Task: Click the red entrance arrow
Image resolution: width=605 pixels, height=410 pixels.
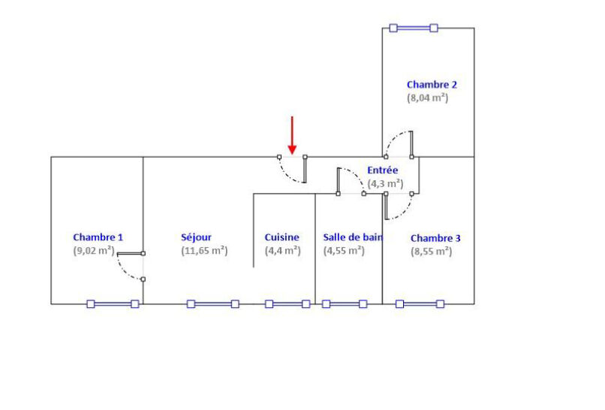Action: (x=292, y=135)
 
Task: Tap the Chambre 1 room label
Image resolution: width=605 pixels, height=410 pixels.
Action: (x=98, y=237)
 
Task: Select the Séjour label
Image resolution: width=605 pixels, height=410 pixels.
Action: (x=197, y=237)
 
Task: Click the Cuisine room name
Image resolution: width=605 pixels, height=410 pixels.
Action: (x=281, y=237)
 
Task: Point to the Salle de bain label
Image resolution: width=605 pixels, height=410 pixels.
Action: (x=353, y=237)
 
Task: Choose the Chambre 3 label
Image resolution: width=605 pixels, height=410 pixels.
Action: (x=435, y=238)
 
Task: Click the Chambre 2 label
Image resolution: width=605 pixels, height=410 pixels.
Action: (x=432, y=85)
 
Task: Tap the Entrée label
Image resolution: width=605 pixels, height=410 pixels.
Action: (x=382, y=170)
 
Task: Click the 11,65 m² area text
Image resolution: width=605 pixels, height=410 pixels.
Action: (x=204, y=251)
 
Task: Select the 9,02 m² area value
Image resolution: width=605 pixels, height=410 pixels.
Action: (x=94, y=251)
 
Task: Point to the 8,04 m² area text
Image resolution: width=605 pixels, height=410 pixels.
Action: (x=428, y=98)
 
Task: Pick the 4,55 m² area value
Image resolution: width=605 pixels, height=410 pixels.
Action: (x=344, y=251)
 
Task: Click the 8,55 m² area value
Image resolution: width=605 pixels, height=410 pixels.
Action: (x=432, y=252)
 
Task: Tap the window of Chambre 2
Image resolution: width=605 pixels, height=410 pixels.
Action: (x=414, y=28)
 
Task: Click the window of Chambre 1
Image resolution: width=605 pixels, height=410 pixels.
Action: (x=113, y=304)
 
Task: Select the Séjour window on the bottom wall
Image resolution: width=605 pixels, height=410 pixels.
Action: (x=213, y=304)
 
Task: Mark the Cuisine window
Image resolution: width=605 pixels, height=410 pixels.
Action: (x=287, y=304)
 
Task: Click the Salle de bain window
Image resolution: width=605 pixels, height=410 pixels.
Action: (x=345, y=304)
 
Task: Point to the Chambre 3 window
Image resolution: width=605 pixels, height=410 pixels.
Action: (x=420, y=304)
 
